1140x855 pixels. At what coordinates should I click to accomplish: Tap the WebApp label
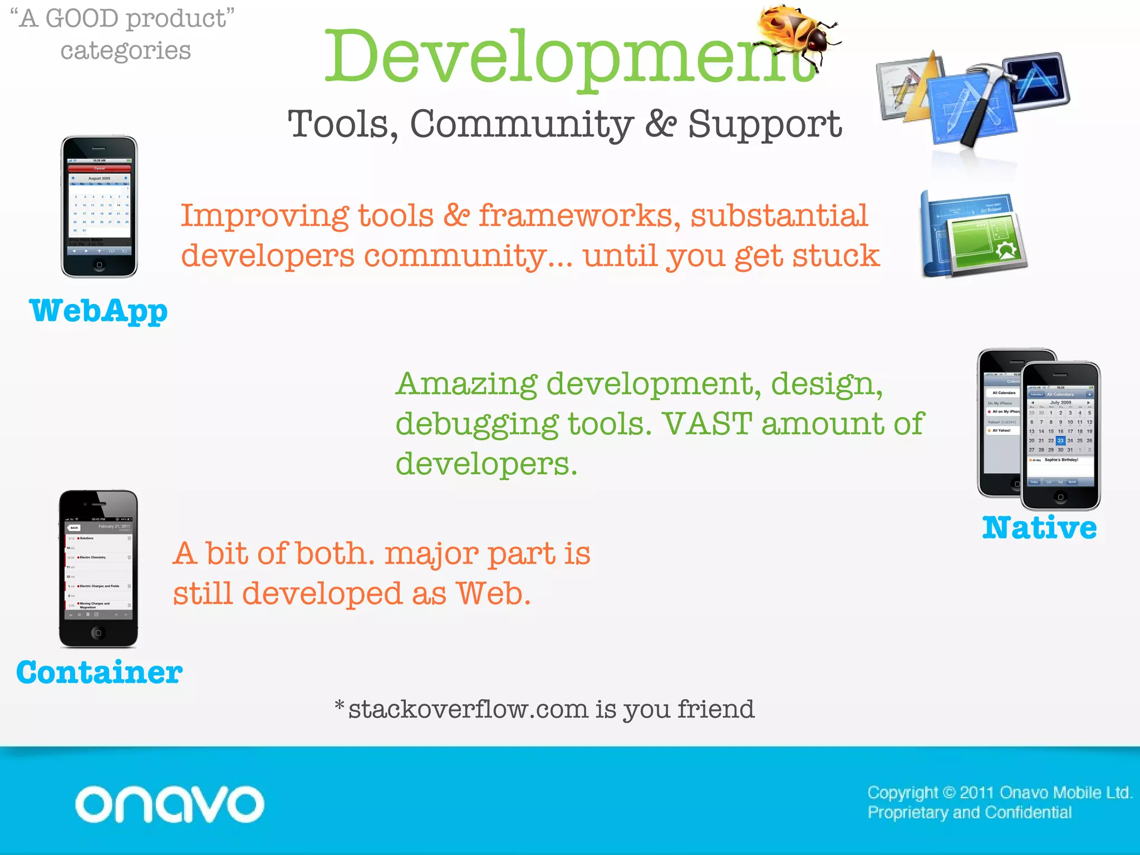[98, 311]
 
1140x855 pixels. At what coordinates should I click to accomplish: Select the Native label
[1039, 528]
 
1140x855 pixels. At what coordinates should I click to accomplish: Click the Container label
[99, 672]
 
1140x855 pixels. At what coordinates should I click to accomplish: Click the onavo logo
[169, 804]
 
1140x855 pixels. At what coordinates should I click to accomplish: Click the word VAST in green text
[707, 424]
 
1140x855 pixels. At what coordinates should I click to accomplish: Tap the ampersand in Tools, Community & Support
[661, 124]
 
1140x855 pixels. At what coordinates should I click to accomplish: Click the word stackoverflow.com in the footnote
[468, 710]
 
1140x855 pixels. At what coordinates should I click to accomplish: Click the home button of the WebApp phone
[99, 265]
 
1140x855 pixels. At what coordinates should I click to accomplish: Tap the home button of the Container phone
[99, 633]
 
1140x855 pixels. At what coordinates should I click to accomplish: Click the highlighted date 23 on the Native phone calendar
[1060, 440]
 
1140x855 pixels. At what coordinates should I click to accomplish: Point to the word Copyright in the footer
[902, 792]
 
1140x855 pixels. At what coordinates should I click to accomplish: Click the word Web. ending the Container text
[493, 594]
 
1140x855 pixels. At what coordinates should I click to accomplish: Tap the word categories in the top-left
[126, 51]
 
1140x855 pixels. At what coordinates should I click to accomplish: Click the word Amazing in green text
[466, 384]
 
